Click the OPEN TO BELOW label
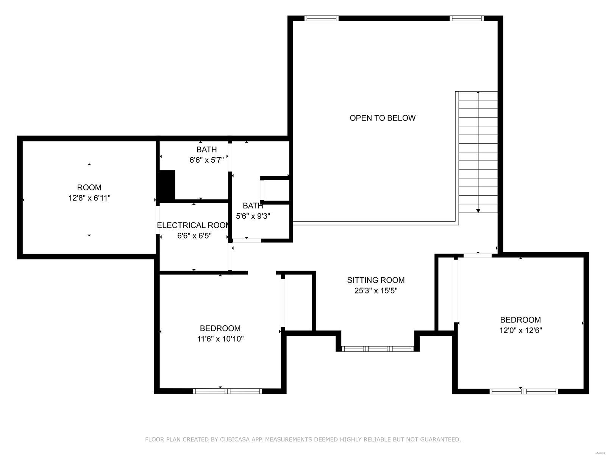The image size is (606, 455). tap(383, 118)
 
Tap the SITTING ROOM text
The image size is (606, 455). tap(376, 280)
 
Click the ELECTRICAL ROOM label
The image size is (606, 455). tap(193, 225)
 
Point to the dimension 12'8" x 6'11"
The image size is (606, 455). tap(89, 198)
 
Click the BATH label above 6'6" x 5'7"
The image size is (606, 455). tap(206, 149)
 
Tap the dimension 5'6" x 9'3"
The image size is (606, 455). tap(253, 216)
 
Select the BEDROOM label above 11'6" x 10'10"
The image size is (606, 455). tap(220, 328)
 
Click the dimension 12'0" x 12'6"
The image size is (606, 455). tap(520, 330)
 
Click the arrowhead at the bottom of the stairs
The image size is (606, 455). tap(478, 210)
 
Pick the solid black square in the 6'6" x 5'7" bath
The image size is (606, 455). tap(167, 185)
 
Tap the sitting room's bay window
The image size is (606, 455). tap(377, 348)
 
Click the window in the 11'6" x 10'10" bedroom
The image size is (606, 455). tap(227, 391)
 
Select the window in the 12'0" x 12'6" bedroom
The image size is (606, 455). tap(523, 391)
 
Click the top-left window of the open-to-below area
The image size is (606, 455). tap(321, 18)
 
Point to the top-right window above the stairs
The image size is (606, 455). tap(467, 18)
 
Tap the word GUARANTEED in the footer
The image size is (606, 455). tap(441, 439)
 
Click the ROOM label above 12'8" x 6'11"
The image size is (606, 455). tap(89, 187)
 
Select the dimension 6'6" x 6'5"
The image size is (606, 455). tap(194, 236)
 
